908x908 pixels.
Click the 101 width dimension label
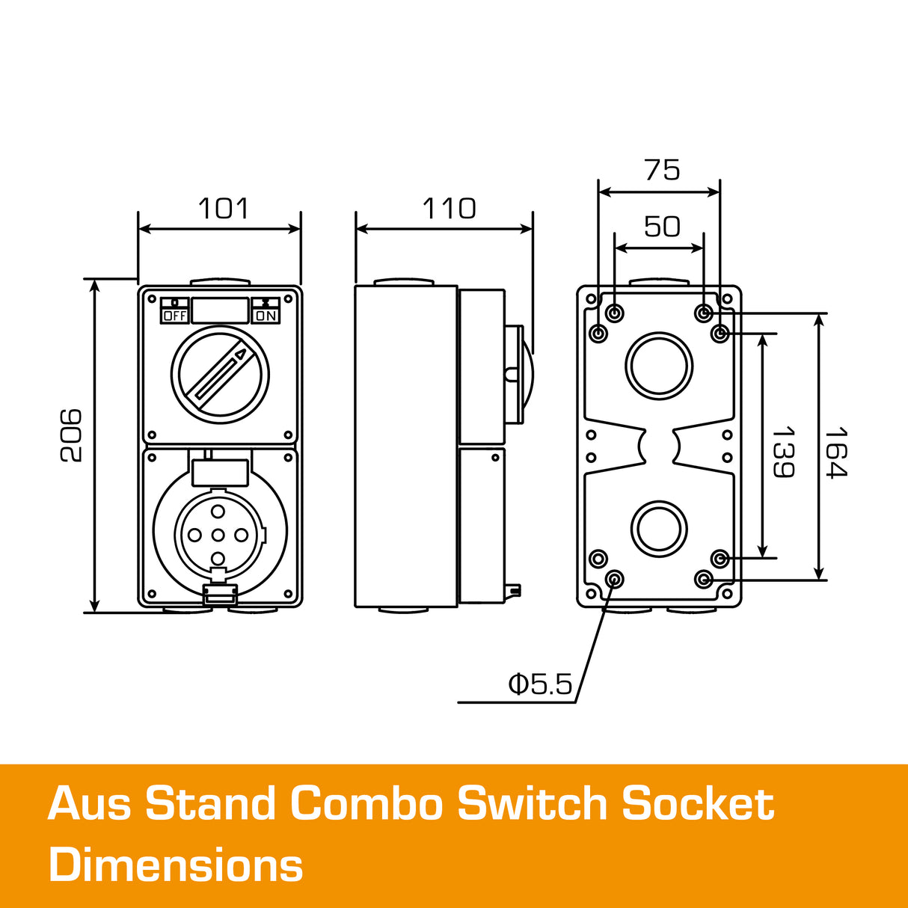click(223, 209)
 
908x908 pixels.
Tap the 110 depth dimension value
click(449, 209)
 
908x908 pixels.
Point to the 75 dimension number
click(663, 171)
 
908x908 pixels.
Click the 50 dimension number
click(663, 226)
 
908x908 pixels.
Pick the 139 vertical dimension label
click(782, 452)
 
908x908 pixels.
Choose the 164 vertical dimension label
click(836, 452)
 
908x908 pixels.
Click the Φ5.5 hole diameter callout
click(540, 684)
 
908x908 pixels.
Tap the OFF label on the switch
click(174, 316)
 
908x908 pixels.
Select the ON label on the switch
click(266, 316)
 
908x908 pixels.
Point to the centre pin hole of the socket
click(218, 535)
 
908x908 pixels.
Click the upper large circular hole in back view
click(659, 366)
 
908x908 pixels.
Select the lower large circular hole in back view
click(659, 528)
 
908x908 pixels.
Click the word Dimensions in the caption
click(176, 865)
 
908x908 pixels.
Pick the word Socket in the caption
click(698, 804)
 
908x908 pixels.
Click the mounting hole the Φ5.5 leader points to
click(615, 579)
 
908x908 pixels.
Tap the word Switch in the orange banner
click(532, 804)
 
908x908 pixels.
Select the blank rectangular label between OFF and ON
click(220, 310)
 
